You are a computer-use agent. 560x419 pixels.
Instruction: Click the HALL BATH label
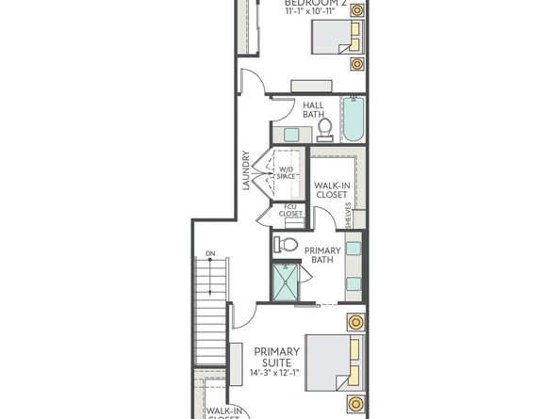tap(314, 110)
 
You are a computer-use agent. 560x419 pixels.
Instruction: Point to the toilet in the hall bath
tap(324, 126)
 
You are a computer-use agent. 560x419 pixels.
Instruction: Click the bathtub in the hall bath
tap(353, 121)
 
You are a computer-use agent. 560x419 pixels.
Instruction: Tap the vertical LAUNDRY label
tap(246, 170)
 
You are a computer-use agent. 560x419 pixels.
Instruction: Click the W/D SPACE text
tap(287, 172)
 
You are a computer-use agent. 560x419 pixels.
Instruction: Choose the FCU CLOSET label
tap(291, 214)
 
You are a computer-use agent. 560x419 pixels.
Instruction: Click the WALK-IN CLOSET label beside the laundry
tap(331, 191)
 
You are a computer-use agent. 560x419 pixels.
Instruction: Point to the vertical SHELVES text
tap(349, 218)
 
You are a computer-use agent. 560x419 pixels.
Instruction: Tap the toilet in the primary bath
tap(286, 245)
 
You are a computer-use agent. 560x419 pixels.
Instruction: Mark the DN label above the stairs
tap(210, 253)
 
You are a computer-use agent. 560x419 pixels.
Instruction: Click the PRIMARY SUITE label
tap(271, 356)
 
